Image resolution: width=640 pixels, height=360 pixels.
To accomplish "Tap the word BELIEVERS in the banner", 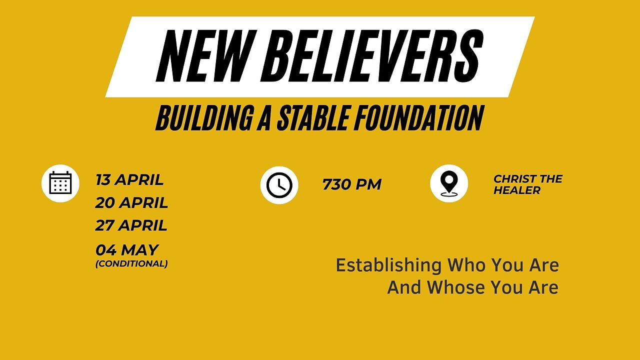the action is (x=372, y=56).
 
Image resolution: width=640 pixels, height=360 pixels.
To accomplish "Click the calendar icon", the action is (x=60, y=183).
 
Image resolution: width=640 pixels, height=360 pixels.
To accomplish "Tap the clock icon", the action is (x=279, y=185).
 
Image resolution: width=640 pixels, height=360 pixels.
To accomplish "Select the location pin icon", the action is (x=449, y=183).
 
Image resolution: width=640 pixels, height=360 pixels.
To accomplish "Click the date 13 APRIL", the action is (x=129, y=179).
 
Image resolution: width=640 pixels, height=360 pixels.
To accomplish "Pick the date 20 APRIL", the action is (x=131, y=203).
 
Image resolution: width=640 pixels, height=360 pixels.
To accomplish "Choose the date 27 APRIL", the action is (x=131, y=225).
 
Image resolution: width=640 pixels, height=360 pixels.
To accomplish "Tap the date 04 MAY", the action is (x=126, y=250).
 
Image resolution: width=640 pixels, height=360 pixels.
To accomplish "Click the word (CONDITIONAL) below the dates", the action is (x=131, y=263).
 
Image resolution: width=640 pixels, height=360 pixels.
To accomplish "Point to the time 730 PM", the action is (x=351, y=184).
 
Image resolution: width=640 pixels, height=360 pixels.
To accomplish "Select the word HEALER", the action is (x=517, y=190).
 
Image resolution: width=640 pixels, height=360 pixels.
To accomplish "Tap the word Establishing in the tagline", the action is (x=388, y=265).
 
